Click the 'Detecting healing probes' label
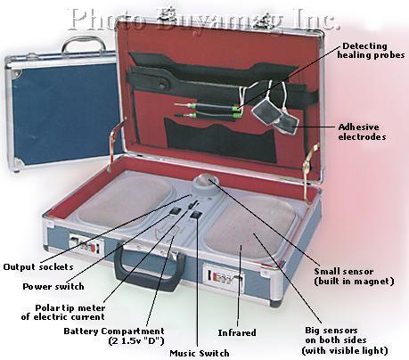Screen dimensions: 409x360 point(371,51)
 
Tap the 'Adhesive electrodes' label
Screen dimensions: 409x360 point(362,132)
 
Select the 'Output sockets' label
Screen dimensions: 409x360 point(38,266)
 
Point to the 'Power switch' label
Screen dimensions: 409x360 point(53,287)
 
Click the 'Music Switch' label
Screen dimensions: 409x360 point(200,353)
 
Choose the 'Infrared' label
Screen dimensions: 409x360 point(237,332)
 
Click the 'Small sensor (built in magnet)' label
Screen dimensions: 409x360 point(354,276)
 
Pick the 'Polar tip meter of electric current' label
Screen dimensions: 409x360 point(63,312)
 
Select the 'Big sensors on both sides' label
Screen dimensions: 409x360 point(345,340)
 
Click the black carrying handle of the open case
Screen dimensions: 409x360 point(148,267)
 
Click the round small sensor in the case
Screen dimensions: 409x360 point(206,185)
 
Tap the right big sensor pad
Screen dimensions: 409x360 point(250,228)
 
